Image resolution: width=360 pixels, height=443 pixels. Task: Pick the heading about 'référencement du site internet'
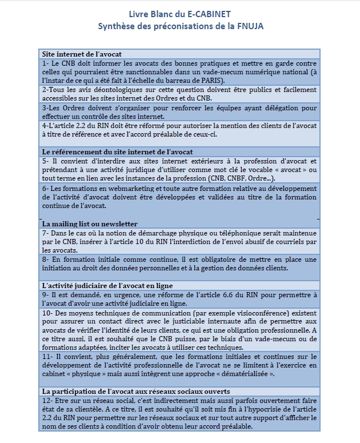coord(117,151)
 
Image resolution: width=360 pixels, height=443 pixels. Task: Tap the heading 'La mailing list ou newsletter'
coord(90,223)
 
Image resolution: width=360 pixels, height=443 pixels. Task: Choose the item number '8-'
coord(46,259)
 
